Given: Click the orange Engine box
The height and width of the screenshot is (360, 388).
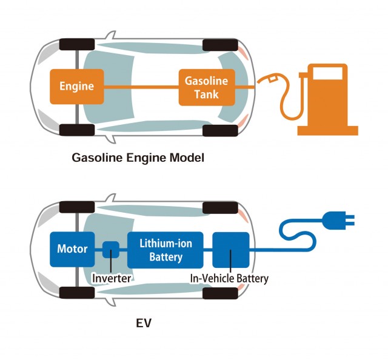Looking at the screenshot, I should click(x=76, y=86).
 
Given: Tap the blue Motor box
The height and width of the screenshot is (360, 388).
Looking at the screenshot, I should click(x=72, y=249).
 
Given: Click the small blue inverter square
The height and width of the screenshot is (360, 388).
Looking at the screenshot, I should click(x=110, y=249).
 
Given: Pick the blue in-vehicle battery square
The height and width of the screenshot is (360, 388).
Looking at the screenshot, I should click(x=231, y=249).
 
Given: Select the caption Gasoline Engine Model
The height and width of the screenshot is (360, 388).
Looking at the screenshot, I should click(x=138, y=159).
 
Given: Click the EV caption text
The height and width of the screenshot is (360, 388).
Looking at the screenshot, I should click(x=144, y=323).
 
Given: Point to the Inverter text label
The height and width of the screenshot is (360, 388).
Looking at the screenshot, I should click(x=112, y=279).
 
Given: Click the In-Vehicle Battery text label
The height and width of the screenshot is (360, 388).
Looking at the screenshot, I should click(x=229, y=279).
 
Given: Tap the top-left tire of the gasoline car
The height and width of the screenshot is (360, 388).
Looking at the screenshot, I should click(x=77, y=44).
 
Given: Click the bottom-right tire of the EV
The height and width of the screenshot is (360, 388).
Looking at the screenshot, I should click(x=220, y=293).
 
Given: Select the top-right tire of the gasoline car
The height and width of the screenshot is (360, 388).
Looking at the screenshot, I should click(x=219, y=44).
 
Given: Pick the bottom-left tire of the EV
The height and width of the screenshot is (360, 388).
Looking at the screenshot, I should click(x=77, y=293).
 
